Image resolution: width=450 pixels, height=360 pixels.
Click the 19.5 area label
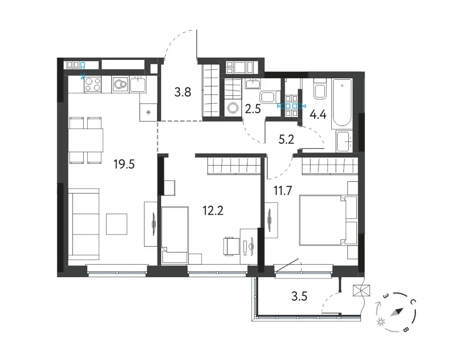[x=124, y=165]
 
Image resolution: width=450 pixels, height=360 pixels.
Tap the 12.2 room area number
[x=213, y=211]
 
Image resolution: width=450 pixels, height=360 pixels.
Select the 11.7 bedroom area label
[x=283, y=190]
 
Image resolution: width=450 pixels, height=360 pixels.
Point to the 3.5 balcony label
[x=299, y=296]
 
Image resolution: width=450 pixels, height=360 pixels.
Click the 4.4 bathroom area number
[x=318, y=115]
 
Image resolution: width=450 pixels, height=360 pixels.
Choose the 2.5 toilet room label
[x=253, y=109]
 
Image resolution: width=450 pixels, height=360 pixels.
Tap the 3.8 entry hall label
[x=183, y=92]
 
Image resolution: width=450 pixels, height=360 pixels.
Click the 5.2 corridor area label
[x=286, y=139]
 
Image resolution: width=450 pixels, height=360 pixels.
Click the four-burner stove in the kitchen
[x=93, y=85]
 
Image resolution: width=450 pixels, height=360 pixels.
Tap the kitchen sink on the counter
[x=138, y=84]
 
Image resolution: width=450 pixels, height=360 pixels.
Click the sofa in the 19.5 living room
[x=84, y=225]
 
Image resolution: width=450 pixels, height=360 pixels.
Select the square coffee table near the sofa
[x=117, y=224]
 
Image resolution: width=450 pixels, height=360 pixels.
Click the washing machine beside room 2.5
[x=233, y=108]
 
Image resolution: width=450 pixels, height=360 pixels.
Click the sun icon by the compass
[x=381, y=322]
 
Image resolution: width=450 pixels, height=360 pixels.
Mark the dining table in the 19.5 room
[x=85, y=140]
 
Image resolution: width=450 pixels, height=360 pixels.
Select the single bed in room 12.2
[x=175, y=235]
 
